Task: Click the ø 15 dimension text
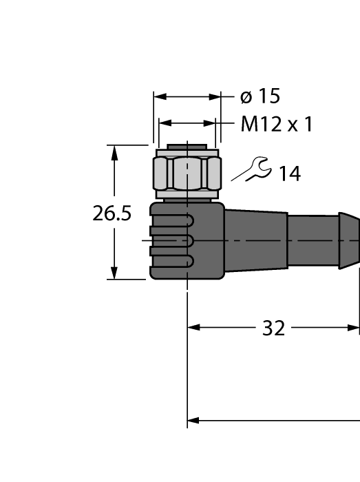pos(260,97)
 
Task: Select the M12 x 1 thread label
pos(277,125)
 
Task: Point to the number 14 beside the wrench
pos(290,174)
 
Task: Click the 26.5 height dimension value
pos(112,213)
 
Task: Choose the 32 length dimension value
pos(273,328)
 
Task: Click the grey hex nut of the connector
pos(187,175)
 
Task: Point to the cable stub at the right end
pos(324,239)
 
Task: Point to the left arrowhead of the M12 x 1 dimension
pos(165,124)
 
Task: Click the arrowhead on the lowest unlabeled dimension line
pos(194,419)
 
